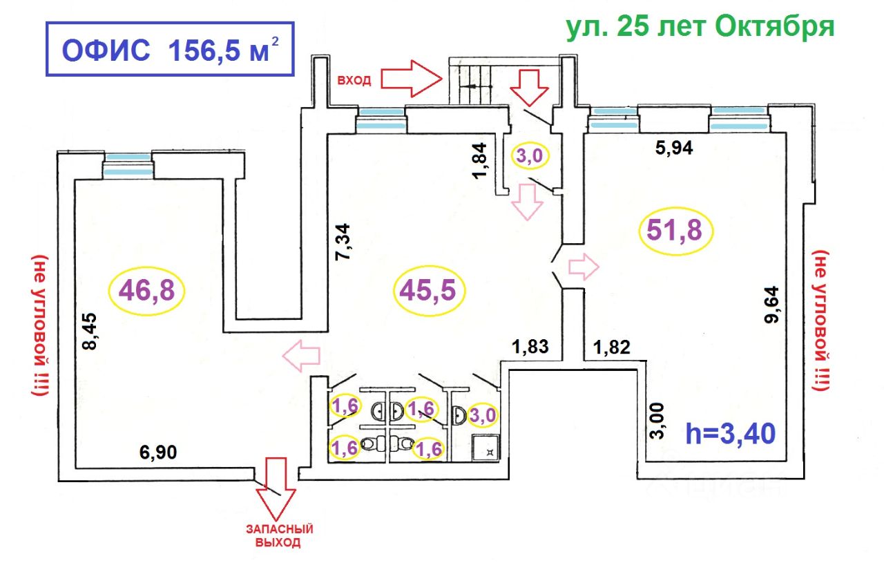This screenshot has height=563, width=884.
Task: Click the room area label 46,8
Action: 147,292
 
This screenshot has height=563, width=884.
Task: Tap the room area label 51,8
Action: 679,231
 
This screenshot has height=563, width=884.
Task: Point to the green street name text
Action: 700,27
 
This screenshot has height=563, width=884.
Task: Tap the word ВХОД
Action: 354,81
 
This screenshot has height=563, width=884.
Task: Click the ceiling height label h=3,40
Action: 731,434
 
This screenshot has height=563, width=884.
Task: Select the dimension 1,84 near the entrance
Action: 481,160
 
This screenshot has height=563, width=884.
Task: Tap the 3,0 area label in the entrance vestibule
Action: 529,156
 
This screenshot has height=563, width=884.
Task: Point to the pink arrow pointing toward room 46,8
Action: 302,356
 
